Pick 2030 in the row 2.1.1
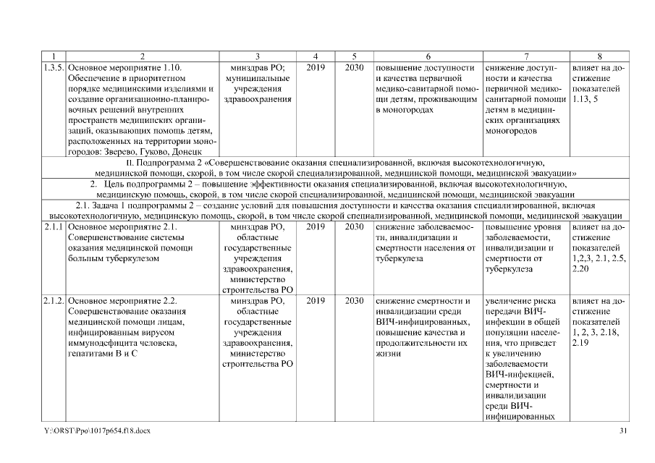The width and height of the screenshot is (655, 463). click(354, 227)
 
